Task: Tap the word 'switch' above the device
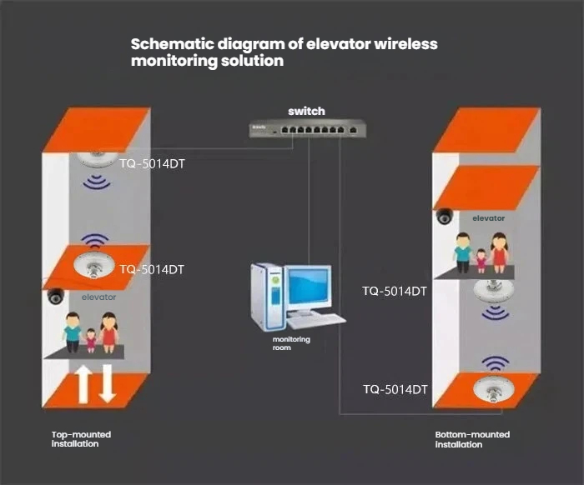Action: click(306, 111)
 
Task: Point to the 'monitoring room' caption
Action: click(291, 342)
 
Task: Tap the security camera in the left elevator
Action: click(56, 295)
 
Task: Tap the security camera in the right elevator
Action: click(445, 217)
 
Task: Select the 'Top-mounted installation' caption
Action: click(81, 439)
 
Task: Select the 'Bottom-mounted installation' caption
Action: click(472, 439)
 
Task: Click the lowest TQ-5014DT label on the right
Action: click(395, 389)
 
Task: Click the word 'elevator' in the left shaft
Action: click(98, 297)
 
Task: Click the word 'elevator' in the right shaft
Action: click(489, 218)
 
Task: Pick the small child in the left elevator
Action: click(91, 339)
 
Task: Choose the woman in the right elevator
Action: click(500, 252)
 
